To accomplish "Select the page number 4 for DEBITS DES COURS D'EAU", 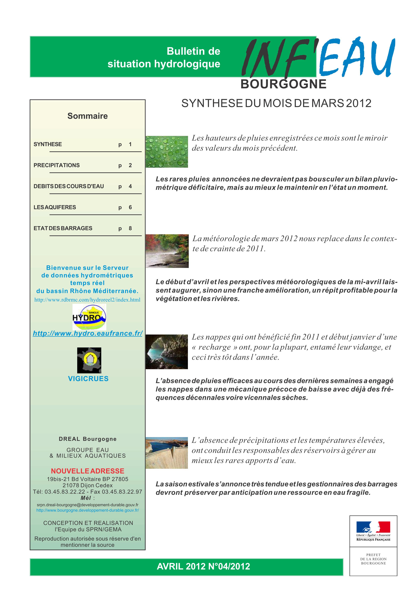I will (x=130, y=186).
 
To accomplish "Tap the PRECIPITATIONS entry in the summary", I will (x=57, y=165).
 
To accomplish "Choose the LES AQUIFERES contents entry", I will (x=55, y=207).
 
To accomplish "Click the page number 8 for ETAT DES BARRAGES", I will (x=130, y=228).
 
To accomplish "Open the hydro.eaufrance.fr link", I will (x=88, y=333).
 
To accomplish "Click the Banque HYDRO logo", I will (x=89, y=317).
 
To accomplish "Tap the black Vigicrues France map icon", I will (x=89, y=360).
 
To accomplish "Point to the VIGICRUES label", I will (x=88, y=379).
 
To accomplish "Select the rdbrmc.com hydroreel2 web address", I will (x=87, y=300).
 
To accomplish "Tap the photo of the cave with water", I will (x=167, y=352).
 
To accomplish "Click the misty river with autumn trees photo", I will (x=167, y=251).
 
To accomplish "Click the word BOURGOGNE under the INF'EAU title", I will (x=283, y=84).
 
